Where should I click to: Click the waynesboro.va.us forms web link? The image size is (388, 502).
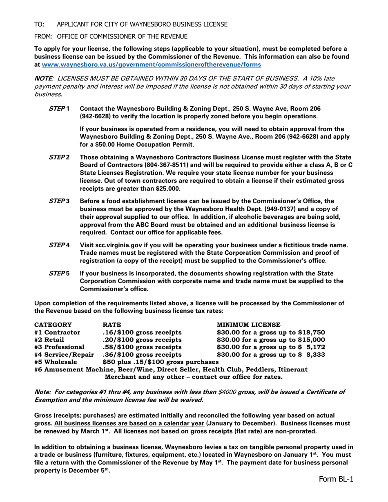click(x=152, y=64)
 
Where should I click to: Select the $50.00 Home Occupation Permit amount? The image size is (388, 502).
click(x=105, y=144)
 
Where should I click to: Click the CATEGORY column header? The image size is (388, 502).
click(x=53, y=325)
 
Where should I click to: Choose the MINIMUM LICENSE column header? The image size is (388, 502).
click(x=248, y=325)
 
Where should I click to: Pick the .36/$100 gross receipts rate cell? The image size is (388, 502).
click(x=142, y=354)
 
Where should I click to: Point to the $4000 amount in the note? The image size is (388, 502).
click(x=227, y=392)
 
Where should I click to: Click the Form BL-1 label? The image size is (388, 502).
click(x=336, y=479)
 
